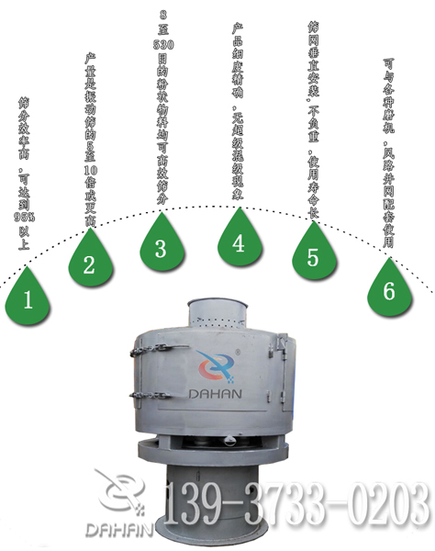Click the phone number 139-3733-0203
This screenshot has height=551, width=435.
coord(296,504)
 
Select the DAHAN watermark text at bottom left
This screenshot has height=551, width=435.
coord(117,530)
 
